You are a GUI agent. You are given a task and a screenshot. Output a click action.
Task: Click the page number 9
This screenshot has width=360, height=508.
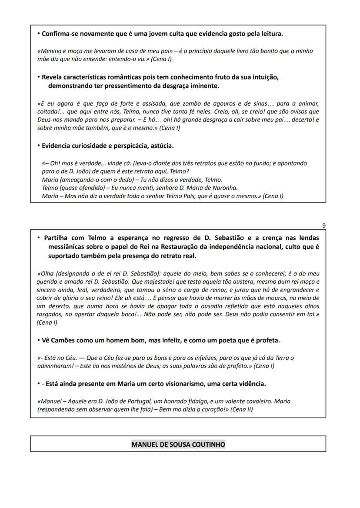[x=323, y=225]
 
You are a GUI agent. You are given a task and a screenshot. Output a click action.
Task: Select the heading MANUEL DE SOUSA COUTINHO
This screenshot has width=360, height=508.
[x=178, y=444]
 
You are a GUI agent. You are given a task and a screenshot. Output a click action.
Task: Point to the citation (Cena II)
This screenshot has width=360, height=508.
[x=241, y=409]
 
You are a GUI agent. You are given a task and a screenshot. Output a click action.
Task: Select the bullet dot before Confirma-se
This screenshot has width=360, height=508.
[x=39, y=33]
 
